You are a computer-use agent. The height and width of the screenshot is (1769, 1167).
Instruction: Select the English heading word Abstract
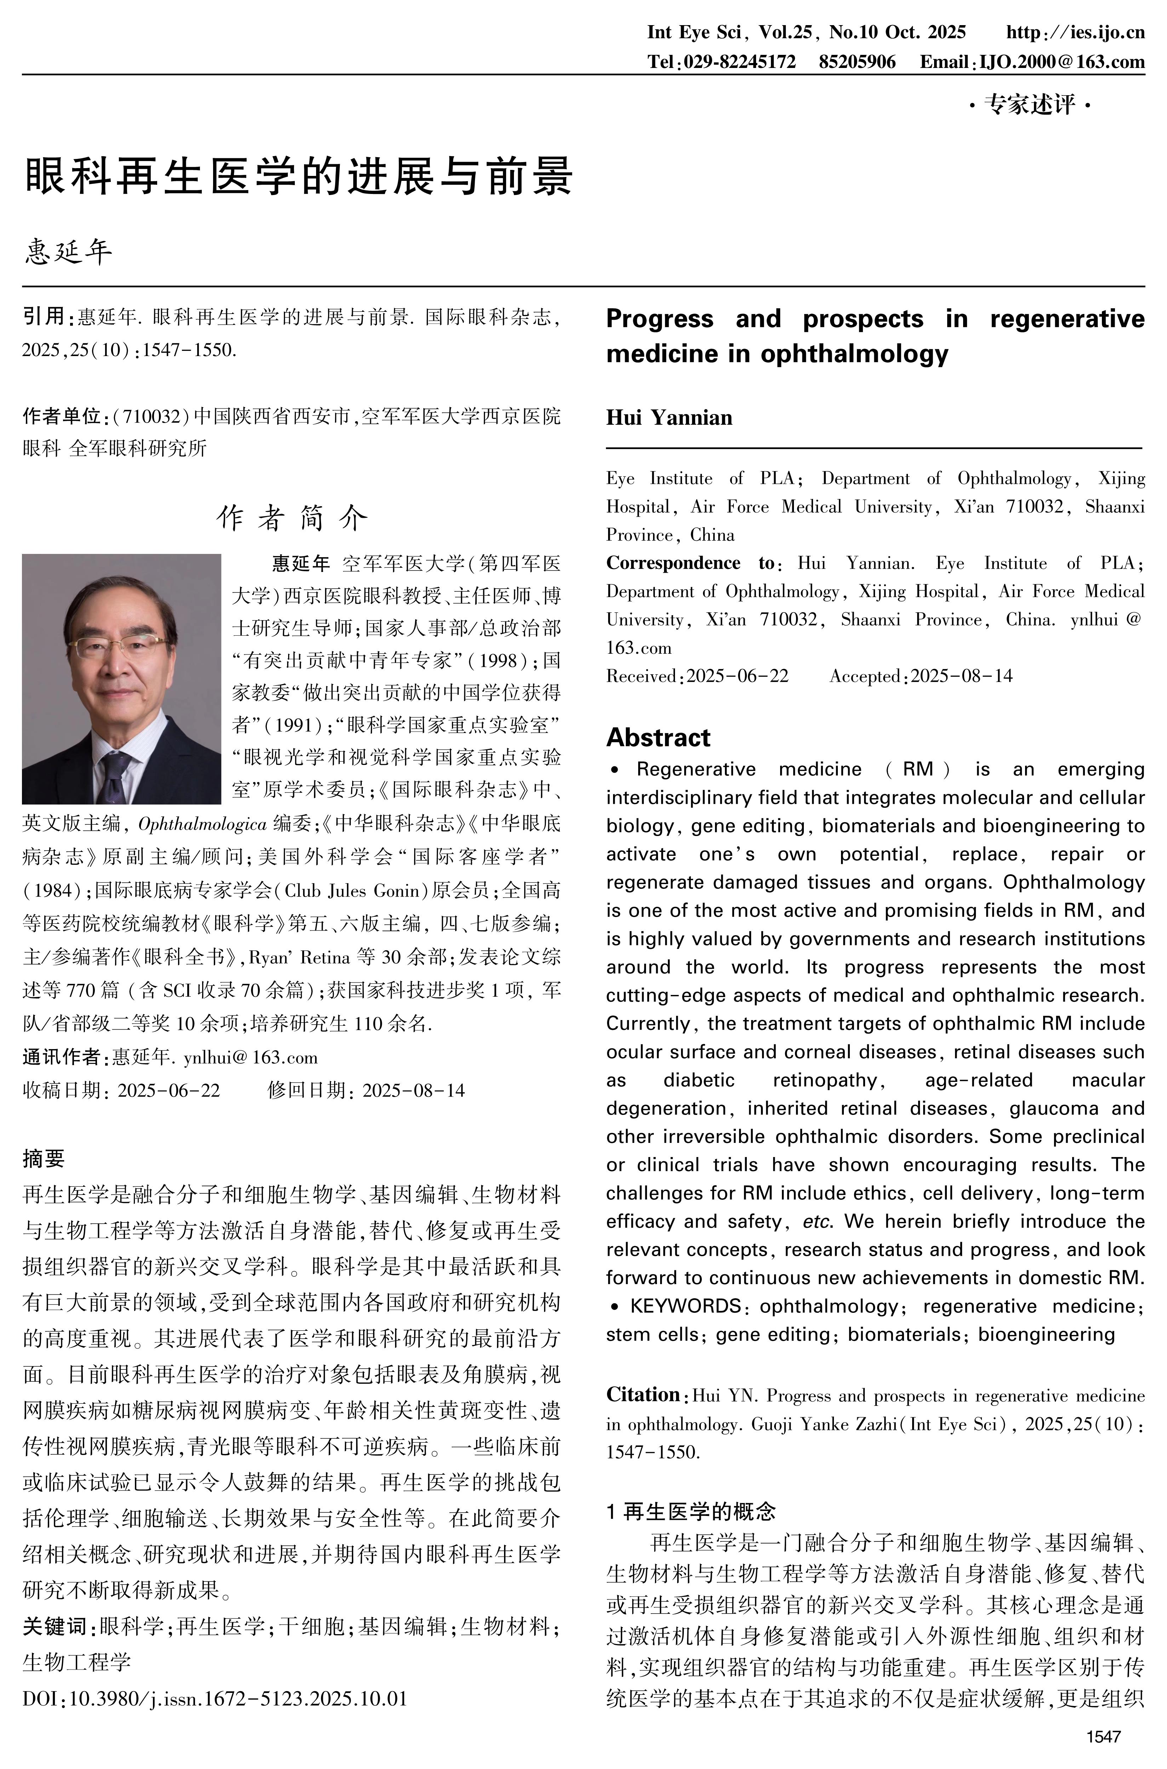[658, 738]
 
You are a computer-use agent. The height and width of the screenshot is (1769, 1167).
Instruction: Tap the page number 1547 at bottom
[1103, 1737]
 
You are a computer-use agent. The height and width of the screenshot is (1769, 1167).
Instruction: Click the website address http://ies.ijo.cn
[1075, 32]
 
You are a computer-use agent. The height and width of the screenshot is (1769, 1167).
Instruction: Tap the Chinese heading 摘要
[43, 1158]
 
